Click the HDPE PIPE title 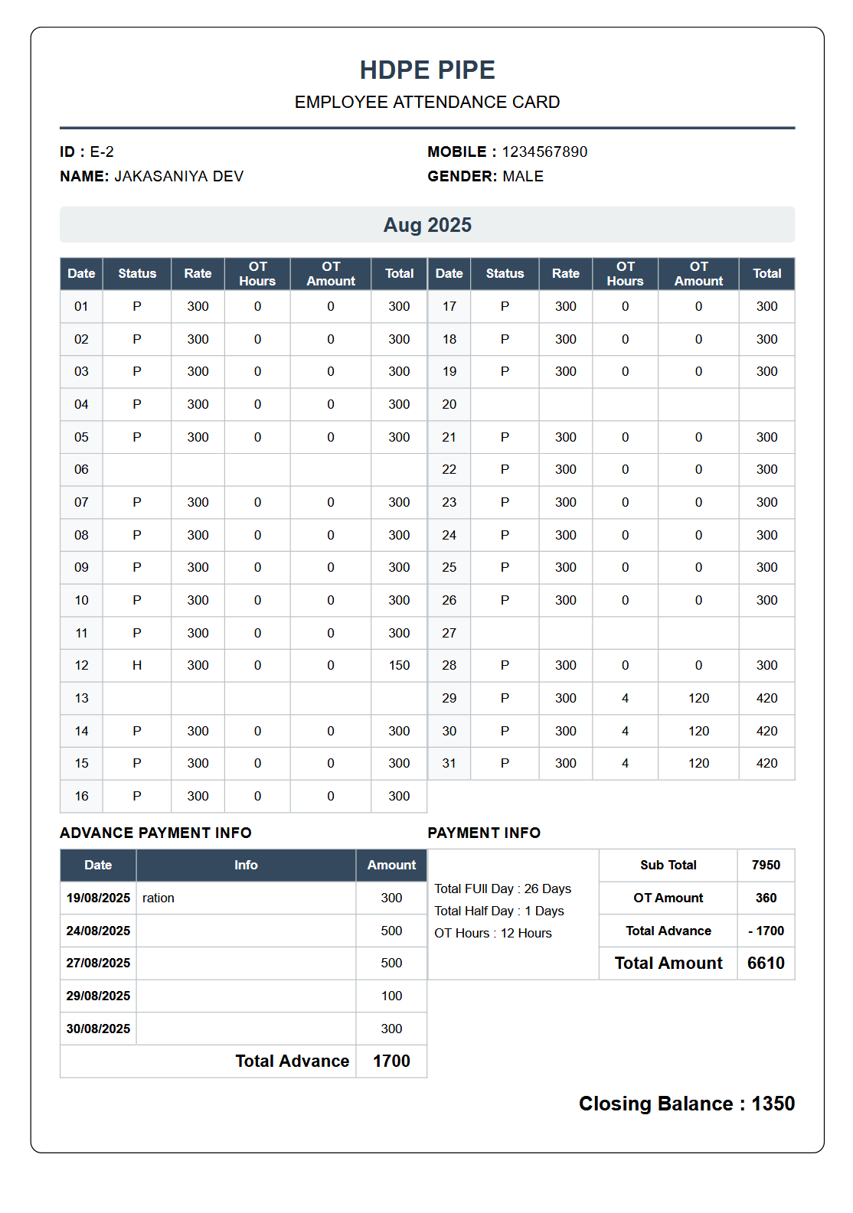pos(427,70)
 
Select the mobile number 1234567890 pos(544,152)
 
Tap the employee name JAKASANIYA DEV pos(178,176)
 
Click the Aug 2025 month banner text pos(427,225)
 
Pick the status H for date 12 pos(137,665)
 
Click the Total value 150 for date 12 pos(399,665)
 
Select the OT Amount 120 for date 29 pos(698,698)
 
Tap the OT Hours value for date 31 pos(625,763)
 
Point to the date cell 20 pos(449,404)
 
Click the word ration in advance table pos(159,898)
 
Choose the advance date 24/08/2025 pos(98,931)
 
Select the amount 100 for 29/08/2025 pos(391,996)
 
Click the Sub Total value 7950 pos(766,865)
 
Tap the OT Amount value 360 pos(766,898)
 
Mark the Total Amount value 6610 pos(766,963)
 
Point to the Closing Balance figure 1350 pos(773,1104)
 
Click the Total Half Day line pos(499,911)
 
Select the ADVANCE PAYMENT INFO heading pos(155,833)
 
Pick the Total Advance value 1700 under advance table pos(391,1061)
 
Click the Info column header pos(246,865)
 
